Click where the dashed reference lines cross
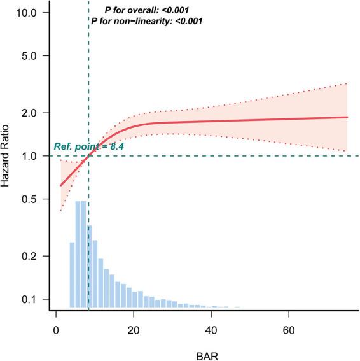89,156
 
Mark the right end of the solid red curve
347,117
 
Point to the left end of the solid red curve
60,186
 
